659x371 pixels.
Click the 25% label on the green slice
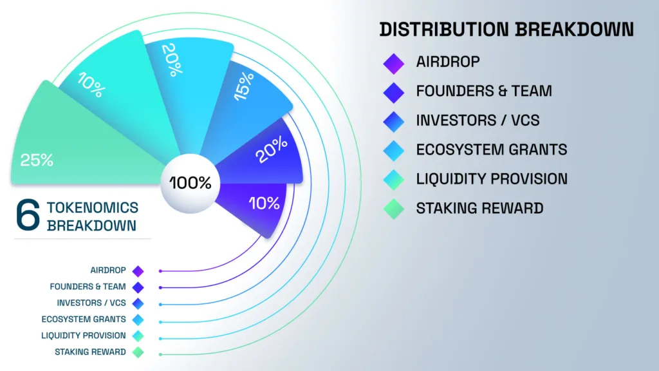click(x=37, y=160)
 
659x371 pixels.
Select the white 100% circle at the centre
click(x=190, y=182)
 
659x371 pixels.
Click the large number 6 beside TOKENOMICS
click(x=28, y=216)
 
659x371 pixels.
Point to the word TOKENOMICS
click(x=93, y=207)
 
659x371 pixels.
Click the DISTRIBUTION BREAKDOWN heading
click(x=506, y=30)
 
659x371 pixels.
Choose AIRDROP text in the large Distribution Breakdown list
click(x=448, y=62)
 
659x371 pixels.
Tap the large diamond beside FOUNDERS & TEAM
click(x=393, y=92)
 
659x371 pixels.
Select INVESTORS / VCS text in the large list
click(x=478, y=120)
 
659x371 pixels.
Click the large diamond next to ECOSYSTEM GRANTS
click(x=393, y=150)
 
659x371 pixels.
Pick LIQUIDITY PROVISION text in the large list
click(x=492, y=178)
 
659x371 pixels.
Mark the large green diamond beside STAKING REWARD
click(x=393, y=209)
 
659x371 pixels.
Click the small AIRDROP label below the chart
click(x=108, y=271)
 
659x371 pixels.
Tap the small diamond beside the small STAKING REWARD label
click(x=138, y=352)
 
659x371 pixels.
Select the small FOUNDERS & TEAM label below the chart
click(x=88, y=287)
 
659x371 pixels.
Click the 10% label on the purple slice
click(x=264, y=204)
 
